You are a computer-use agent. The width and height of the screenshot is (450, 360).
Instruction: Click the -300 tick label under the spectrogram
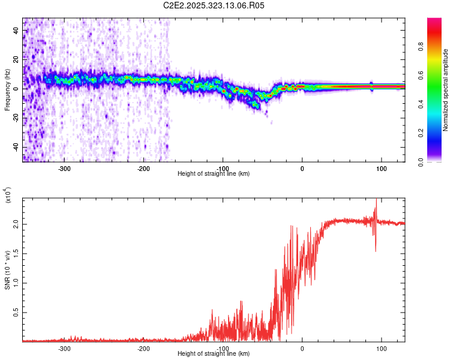(x=64, y=169)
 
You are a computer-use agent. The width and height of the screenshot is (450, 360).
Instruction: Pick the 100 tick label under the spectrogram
(x=381, y=169)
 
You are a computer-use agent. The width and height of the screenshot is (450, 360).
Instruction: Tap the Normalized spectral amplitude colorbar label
(x=446, y=90)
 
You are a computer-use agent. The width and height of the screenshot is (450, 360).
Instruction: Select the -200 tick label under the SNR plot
(x=143, y=349)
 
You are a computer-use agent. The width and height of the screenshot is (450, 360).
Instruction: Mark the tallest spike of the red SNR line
(x=376, y=200)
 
